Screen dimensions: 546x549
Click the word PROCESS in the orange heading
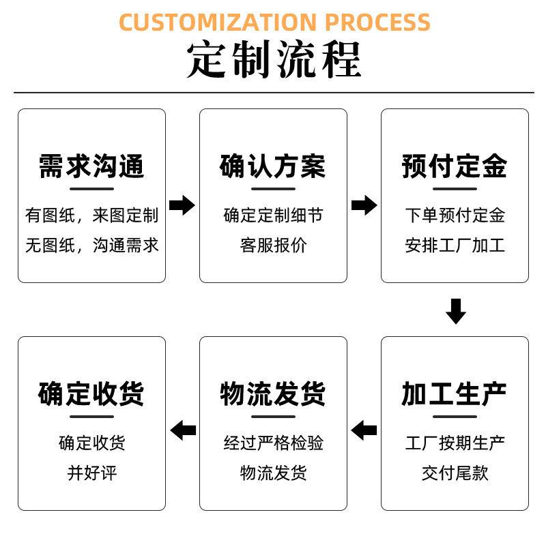click(378, 22)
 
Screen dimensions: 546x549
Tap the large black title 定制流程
click(274, 59)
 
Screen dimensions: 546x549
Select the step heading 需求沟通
click(91, 166)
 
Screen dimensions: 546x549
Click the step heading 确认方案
click(273, 166)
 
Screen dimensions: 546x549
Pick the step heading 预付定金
click(455, 166)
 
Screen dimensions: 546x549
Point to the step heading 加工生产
click(455, 394)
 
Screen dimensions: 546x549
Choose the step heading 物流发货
click(273, 394)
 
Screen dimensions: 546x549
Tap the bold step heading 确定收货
click(91, 394)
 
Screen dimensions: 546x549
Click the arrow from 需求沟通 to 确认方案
click(182, 205)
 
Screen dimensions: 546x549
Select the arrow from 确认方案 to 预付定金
click(364, 205)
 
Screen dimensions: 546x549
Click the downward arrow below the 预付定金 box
click(456, 311)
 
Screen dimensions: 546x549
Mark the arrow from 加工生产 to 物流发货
click(364, 430)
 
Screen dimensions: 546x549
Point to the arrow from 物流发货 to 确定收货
click(183, 430)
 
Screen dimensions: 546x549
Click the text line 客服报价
click(274, 245)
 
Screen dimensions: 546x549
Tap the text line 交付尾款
click(455, 473)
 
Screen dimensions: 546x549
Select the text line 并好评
click(92, 473)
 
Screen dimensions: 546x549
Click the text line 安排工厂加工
click(455, 245)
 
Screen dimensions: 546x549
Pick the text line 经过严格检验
click(274, 443)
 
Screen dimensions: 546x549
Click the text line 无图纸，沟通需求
click(92, 245)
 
